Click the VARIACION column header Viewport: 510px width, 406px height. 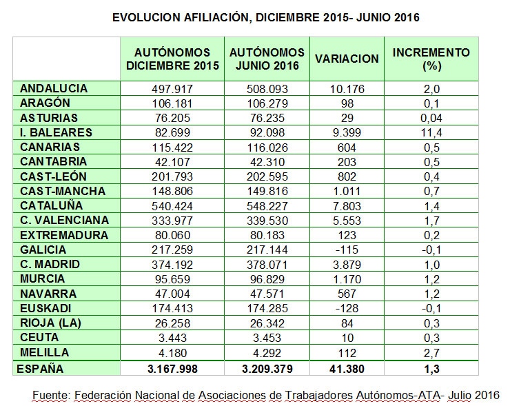click(347, 59)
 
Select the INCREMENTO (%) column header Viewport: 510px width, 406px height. click(431, 59)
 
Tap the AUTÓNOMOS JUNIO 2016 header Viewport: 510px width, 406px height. click(267, 59)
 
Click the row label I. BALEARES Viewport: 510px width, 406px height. click(56, 132)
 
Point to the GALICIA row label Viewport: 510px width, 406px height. click(43, 250)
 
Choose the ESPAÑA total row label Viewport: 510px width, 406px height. click(40, 369)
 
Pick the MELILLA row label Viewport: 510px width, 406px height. click(44, 352)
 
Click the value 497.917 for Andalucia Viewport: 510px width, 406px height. click(172, 89)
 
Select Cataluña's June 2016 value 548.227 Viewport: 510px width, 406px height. click(267, 206)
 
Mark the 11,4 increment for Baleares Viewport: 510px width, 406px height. click(431, 133)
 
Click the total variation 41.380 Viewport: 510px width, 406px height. click(347, 369)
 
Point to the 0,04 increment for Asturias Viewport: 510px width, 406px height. click(431, 118)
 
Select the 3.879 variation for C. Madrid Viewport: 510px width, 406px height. click(347, 265)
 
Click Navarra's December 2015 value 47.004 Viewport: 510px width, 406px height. click(172, 294)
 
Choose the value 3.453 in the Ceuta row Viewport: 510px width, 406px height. click(267, 338)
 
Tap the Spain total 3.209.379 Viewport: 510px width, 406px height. click(267, 369)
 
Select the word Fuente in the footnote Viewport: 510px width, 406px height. click(51, 395)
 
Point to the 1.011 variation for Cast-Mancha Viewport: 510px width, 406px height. click(347, 191)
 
